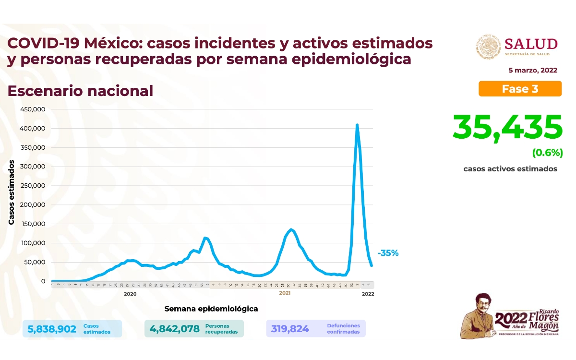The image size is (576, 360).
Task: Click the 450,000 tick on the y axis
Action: pyautogui.click(x=33, y=109)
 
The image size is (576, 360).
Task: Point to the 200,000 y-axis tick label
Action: pyautogui.click(x=33, y=205)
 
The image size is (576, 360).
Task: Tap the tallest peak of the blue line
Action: pyautogui.click(x=357, y=125)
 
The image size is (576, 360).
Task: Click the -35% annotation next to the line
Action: pyautogui.click(x=388, y=253)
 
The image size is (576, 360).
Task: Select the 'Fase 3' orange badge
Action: pyautogui.click(x=520, y=89)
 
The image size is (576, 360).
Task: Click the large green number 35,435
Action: pyautogui.click(x=507, y=127)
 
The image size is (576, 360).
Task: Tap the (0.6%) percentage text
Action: pyautogui.click(x=547, y=153)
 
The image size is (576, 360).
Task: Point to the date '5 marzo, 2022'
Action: pyautogui.click(x=533, y=70)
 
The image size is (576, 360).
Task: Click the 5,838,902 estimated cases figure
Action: pyautogui.click(x=52, y=329)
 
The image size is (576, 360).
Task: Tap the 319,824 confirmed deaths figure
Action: pyautogui.click(x=290, y=329)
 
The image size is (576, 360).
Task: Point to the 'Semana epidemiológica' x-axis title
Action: pyautogui.click(x=211, y=309)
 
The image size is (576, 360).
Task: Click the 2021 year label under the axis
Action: pyautogui.click(x=285, y=293)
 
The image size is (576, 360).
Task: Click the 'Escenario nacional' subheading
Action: pyautogui.click(x=80, y=91)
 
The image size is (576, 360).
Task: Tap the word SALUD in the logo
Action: pyautogui.click(x=531, y=44)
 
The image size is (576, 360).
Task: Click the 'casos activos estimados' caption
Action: pyautogui.click(x=510, y=169)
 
